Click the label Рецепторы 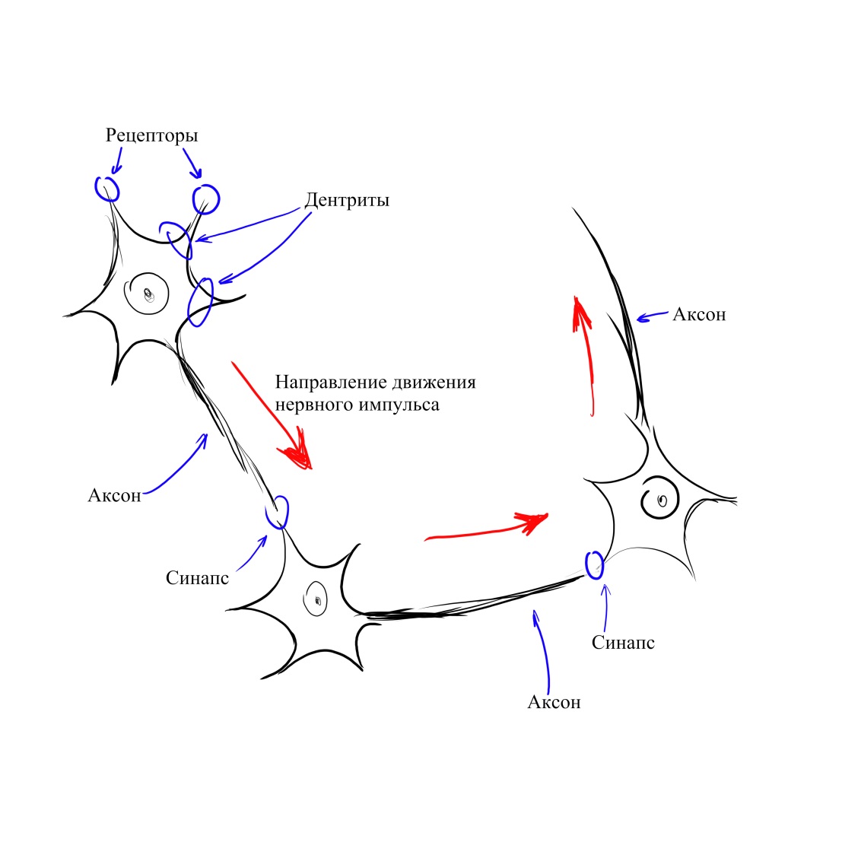pyautogui.click(x=151, y=135)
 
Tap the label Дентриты pyautogui.click(x=347, y=200)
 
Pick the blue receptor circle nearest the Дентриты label pyautogui.click(x=205, y=199)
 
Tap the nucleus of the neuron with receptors pyautogui.click(x=148, y=293)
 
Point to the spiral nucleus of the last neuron pyautogui.click(x=659, y=499)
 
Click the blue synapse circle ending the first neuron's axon pyautogui.click(x=278, y=512)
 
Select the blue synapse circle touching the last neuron pyautogui.click(x=594, y=564)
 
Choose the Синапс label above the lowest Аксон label pyautogui.click(x=623, y=643)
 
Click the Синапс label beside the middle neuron pyautogui.click(x=197, y=578)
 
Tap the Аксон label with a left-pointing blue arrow pyautogui.click(x=699, y=314)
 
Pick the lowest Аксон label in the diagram pyautogui.click(x=554, y=702)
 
